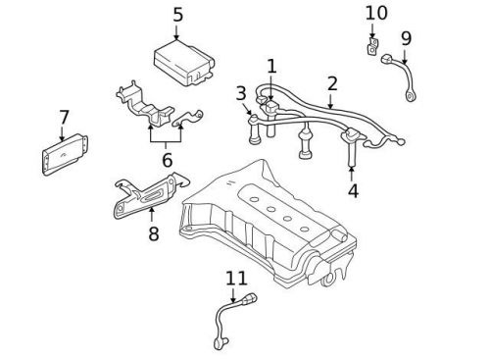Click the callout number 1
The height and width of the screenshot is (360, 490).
[x=271, y=67]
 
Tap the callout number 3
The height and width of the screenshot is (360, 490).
[x=241, y=94]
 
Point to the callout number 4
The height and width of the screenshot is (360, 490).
[x=353, y=190]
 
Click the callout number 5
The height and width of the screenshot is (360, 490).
[x=177, y=15]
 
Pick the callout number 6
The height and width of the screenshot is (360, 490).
[x=167, y=159]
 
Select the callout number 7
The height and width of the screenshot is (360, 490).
[x=65, y=118]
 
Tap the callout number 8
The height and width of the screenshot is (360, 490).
[x=153, y=233]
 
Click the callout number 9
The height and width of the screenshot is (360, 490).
[x=406, y=39]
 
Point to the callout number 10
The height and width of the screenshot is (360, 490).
[x=376, y=14]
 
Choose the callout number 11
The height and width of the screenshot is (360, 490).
[x=236, y=279]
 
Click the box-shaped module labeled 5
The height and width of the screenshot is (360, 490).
[x=183, y=64]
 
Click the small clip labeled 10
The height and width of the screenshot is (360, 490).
[x=372, y=48]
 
